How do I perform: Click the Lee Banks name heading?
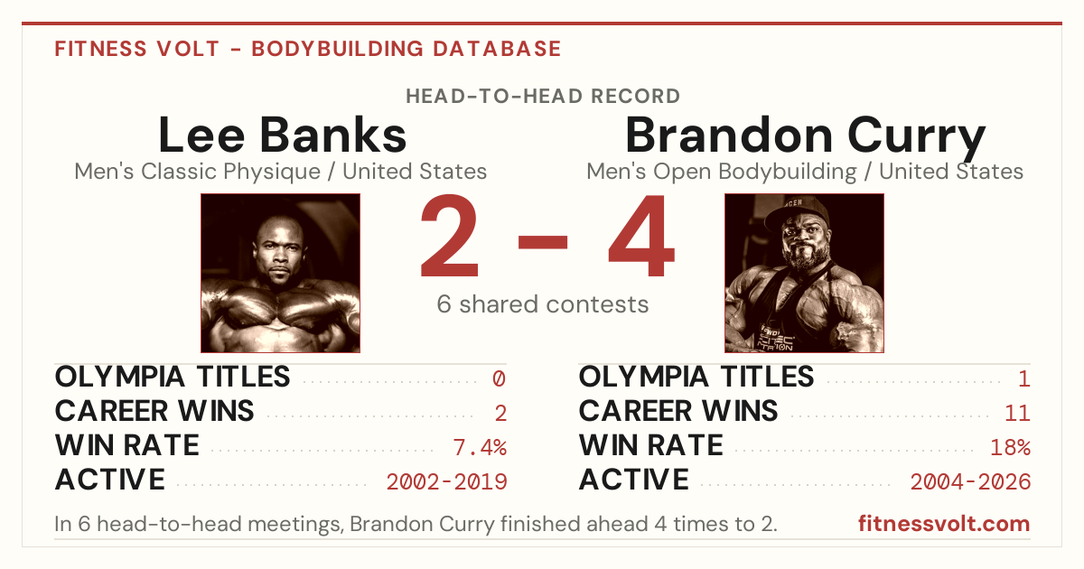[x=282, y=135]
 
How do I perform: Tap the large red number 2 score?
[x=450, y=236]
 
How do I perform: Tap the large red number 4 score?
[x=641, y=236]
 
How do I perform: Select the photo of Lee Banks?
[x=280, y=273]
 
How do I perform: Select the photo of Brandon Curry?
[x=804, y=273]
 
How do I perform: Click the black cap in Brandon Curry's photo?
[x=796, y=213]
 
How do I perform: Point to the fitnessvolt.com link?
[x=944, y=524]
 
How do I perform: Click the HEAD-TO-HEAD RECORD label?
[x=543, y=97]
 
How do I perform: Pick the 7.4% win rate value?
[x=480, y=447]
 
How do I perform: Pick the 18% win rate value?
[x=1010, y=447]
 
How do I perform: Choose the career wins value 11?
[x=1017, y=413]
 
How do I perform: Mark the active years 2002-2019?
[x=446, y=481]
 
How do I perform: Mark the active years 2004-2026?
[x=970, y=481]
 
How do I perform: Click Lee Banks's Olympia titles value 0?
[x=499, y=378]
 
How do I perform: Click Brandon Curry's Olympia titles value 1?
[x=1023, y=378]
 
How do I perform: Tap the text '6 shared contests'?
[x=543, y=304]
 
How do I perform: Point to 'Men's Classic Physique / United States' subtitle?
[x=281, y=172]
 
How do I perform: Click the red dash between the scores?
[x=543, y=242]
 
